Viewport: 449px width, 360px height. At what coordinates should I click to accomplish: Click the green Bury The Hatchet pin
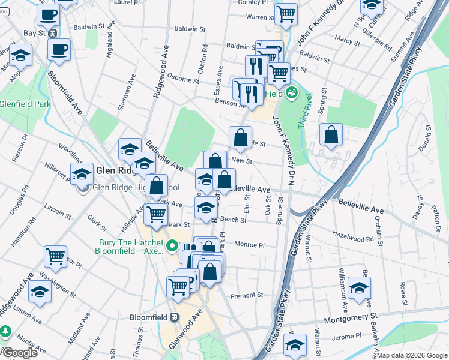172,246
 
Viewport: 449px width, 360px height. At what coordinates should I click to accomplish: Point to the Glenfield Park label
25,103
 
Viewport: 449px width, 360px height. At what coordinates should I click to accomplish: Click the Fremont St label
247,295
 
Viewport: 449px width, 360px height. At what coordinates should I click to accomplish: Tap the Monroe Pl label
249,245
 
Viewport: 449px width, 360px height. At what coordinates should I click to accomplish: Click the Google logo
19,353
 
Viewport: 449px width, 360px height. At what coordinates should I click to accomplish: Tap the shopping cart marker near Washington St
55,256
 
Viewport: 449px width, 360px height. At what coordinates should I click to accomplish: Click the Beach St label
234,220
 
